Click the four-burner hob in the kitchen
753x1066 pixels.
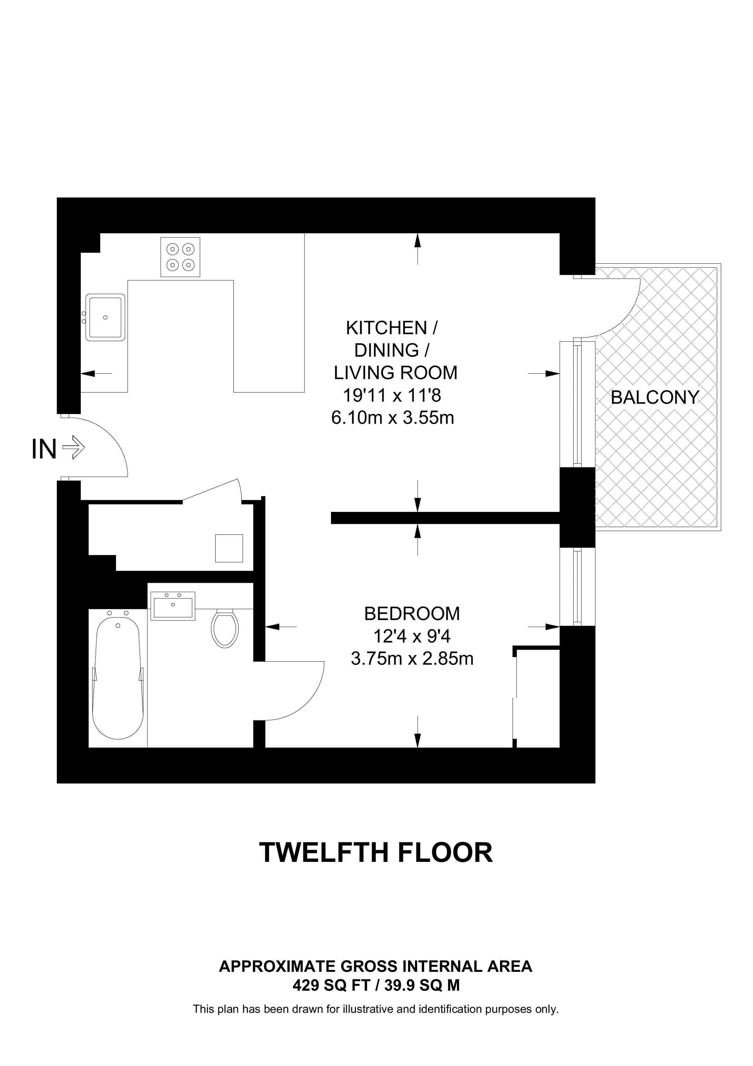(180, 257)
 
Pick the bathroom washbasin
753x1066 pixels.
(173, 606)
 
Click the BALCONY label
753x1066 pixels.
(655, 398)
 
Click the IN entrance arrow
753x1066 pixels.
(73, 449)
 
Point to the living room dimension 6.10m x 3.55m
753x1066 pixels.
(392, 418)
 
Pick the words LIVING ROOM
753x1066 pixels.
(395, 373)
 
